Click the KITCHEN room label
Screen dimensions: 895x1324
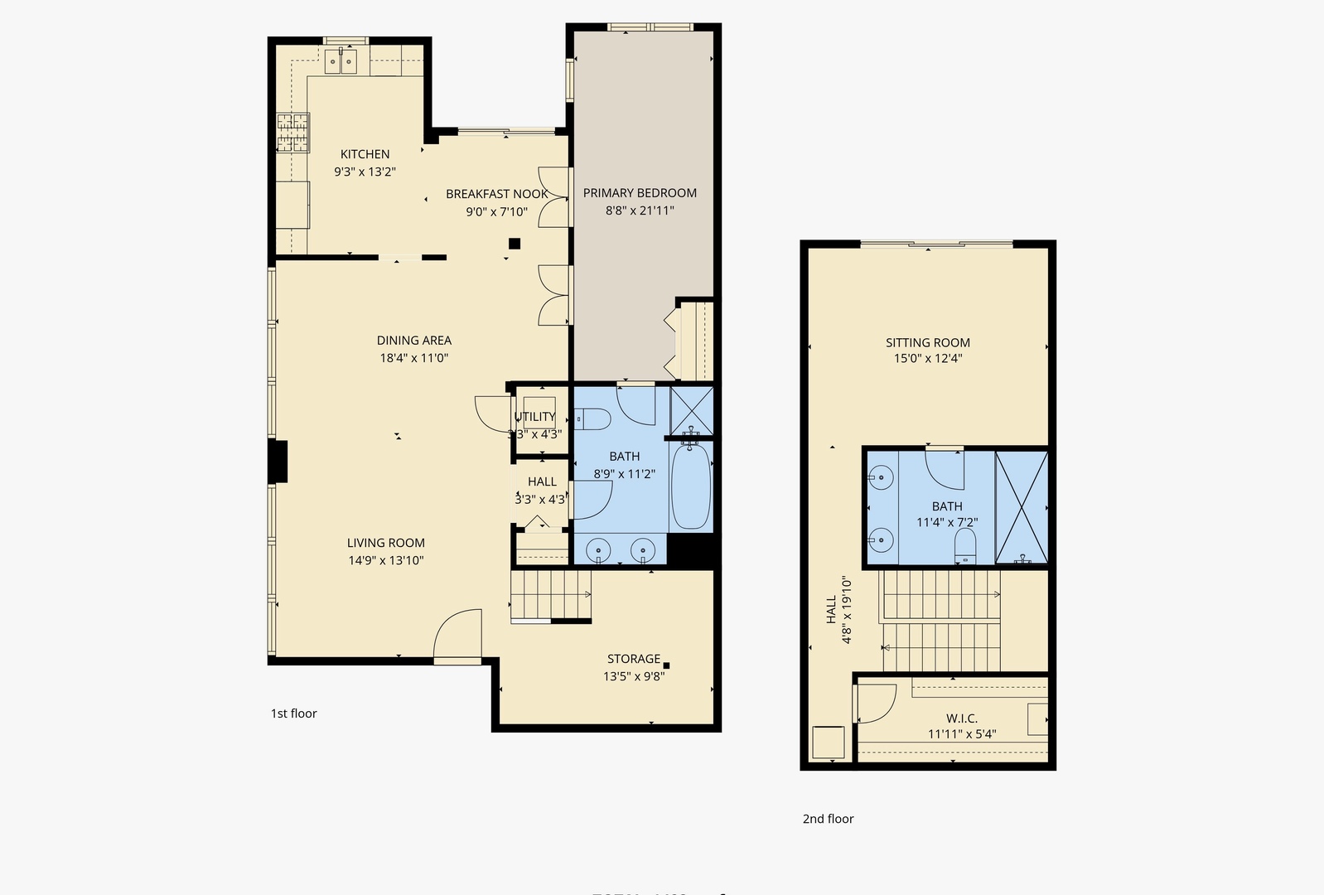(365, 154)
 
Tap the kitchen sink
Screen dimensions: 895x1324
(341, 60)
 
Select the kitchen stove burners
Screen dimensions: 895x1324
(292, 133)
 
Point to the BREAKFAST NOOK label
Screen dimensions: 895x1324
(496, 194)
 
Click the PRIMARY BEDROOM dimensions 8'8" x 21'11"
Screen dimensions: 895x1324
(640, 210)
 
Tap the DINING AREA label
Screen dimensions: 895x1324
(413, 340)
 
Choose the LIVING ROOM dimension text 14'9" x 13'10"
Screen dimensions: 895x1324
(385, 560)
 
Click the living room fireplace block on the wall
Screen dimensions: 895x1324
(278, 461)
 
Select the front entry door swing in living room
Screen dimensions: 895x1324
(457, 635)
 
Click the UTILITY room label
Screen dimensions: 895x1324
(534, 417)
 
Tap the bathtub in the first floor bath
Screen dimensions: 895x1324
(690, 486)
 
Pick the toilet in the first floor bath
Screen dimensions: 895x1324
(592, 420)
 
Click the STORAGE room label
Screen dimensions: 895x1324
(633, 659)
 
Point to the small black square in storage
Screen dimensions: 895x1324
(666, 665)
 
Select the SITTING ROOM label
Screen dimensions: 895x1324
(927, 342)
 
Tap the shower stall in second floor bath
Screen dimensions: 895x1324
(1021, 507)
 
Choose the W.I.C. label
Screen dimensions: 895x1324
(961, 718)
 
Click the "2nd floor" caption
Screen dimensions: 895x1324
(827, 819)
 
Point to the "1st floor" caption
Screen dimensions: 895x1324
(293, 714)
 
